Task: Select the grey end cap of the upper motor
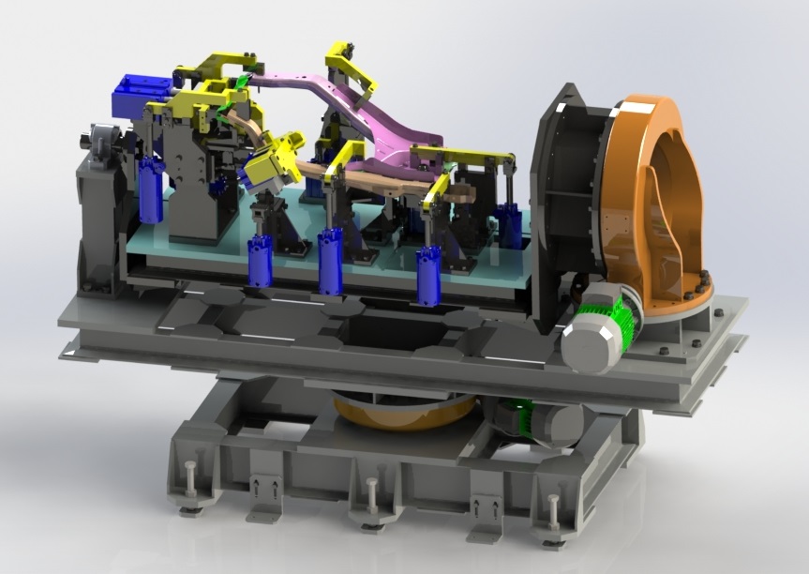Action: click(589, 340)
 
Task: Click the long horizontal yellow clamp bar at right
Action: click(464, 153)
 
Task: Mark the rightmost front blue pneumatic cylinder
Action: click(428, 275)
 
